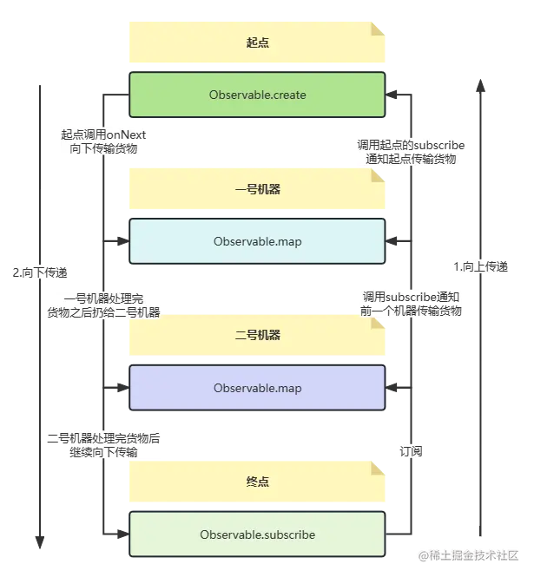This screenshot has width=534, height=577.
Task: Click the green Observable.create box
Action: (x=257, y=95)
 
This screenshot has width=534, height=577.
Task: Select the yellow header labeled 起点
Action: (x=257, y=44)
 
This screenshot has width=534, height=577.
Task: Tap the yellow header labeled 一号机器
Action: (x=257, y=190)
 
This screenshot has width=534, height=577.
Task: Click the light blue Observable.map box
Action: (x=257, y=241)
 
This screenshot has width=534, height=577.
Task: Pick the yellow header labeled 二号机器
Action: (x=257, y=336)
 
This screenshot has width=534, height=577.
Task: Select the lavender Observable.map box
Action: (x=257, y=388)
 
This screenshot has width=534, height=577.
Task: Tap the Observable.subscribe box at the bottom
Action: (x=257, y=534)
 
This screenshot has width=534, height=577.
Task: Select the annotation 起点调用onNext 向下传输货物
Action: (x=102, y=142)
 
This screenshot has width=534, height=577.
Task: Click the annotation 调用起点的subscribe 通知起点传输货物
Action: (x=411, y=153)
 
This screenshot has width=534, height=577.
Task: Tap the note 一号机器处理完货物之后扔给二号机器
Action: (x=104, y=305)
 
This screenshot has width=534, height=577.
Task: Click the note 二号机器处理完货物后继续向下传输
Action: (x=103, y=445)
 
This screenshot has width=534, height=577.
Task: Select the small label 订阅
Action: (x=410, y=452)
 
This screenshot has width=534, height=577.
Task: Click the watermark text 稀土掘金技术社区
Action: (x=475, y=554)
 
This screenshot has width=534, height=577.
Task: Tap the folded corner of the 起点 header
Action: (x=379, y=29)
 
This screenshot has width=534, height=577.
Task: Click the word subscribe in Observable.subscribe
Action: (x=286, y=534)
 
